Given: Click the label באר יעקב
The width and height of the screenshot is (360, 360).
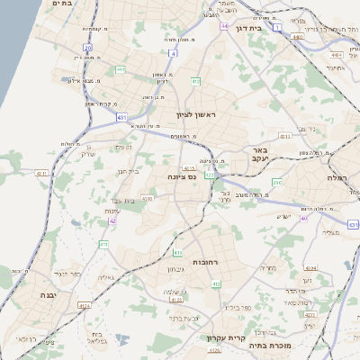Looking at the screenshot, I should tap(260, 154).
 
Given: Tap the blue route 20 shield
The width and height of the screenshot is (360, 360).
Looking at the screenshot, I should tap(87, 47).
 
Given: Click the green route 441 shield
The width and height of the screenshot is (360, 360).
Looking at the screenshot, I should tap(120, 69).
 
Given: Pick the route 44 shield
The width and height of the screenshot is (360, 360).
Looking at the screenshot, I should tap(222, 26).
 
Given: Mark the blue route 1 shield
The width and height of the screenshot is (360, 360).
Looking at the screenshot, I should tap(278, 28).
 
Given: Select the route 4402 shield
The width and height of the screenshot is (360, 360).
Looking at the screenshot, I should tap(323, 53).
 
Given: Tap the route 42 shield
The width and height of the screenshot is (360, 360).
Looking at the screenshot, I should tap(112, 220).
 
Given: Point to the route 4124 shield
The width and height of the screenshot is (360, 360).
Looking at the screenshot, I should tap(85, 306).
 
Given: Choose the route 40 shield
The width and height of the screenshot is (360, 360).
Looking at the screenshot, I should tap(303, 217).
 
